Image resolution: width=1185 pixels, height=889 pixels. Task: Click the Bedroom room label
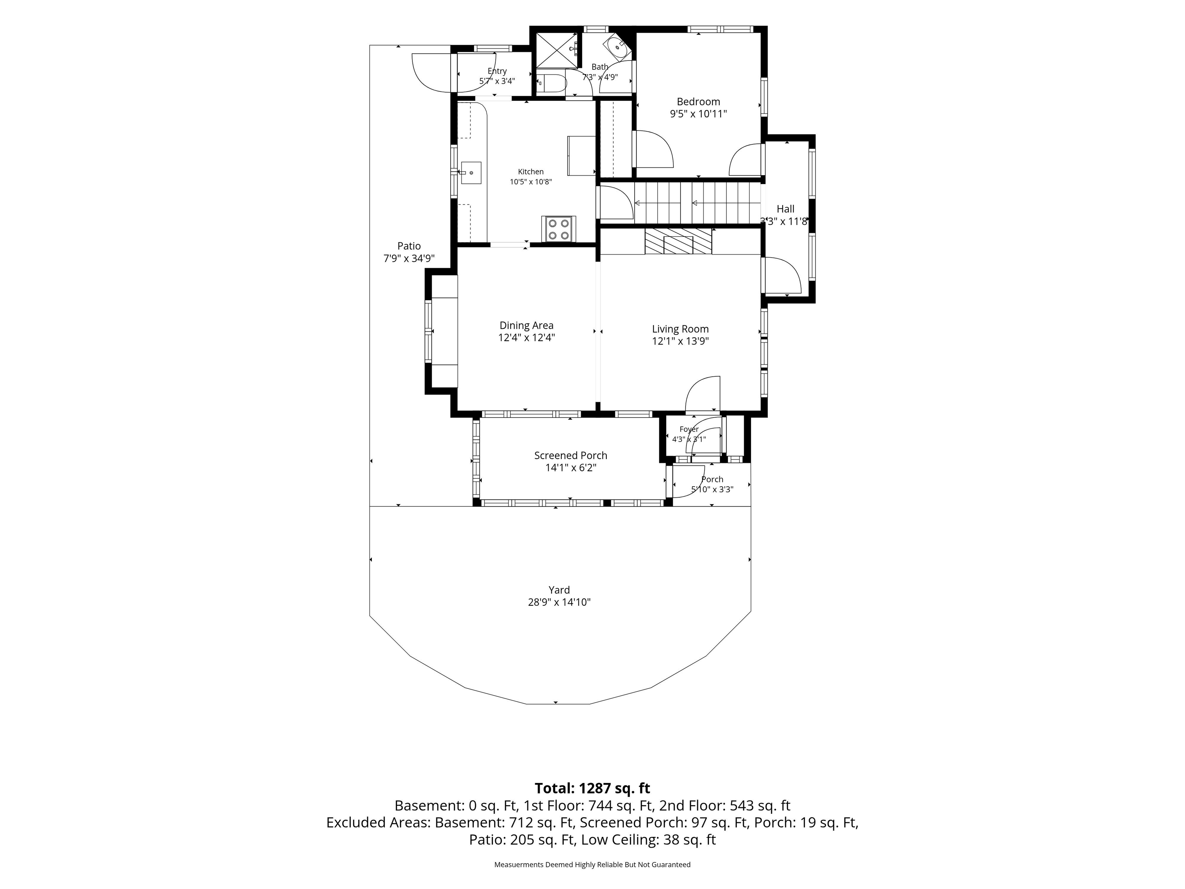point(698,102)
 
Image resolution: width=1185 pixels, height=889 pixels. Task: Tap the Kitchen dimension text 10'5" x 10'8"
point(530,182)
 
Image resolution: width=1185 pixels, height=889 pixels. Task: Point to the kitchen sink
point(96,172)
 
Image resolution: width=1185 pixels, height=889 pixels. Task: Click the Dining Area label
point(527,325)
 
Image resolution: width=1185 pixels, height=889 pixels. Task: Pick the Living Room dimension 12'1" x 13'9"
point(680,341)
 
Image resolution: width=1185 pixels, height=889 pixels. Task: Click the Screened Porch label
point(571,455)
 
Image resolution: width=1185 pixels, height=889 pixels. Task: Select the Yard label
point(559,590)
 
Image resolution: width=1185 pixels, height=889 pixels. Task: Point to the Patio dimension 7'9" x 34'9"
point(409,258)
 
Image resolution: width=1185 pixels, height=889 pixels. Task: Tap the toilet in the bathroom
point(551,83)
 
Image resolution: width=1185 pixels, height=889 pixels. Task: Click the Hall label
point(785,209)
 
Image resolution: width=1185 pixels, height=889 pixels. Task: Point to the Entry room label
point(497,71)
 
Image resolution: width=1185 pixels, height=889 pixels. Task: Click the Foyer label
point(689,429)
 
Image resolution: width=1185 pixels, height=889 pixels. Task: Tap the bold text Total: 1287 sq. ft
point(592,788)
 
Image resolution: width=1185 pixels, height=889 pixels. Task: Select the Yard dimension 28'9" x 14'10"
point(559,602)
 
